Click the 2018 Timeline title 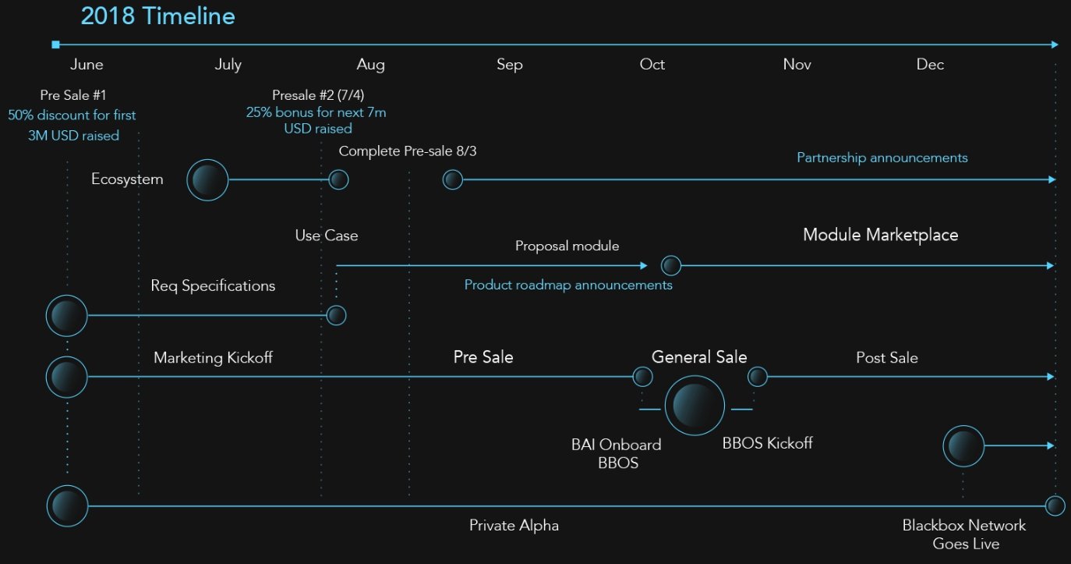[x=157, y=16]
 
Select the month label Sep [x=510, y=65]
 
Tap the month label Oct [x=652, y=64]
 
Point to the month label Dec [x=930, y=64]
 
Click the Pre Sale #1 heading [x=73, y=95]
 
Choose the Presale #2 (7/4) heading [x=318, y=95]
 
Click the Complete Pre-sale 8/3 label [x=408, y=151]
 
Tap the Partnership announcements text [x=882, y=158]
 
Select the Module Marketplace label [x=880, y=235]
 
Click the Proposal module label [x=567, y=246]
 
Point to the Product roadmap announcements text [x=568, y=285]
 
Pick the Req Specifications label [x=213, y=286]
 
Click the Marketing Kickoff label [x=214, y=358]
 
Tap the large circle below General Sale [x=695, y=406]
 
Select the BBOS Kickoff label [x=767, y=443]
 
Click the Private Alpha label [x=514, y=526]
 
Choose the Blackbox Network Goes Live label [x=964, y=535]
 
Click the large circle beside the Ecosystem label [x=207, y=180]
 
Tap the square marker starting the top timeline [x=56, y=45]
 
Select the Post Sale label [x=887, y=358]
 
